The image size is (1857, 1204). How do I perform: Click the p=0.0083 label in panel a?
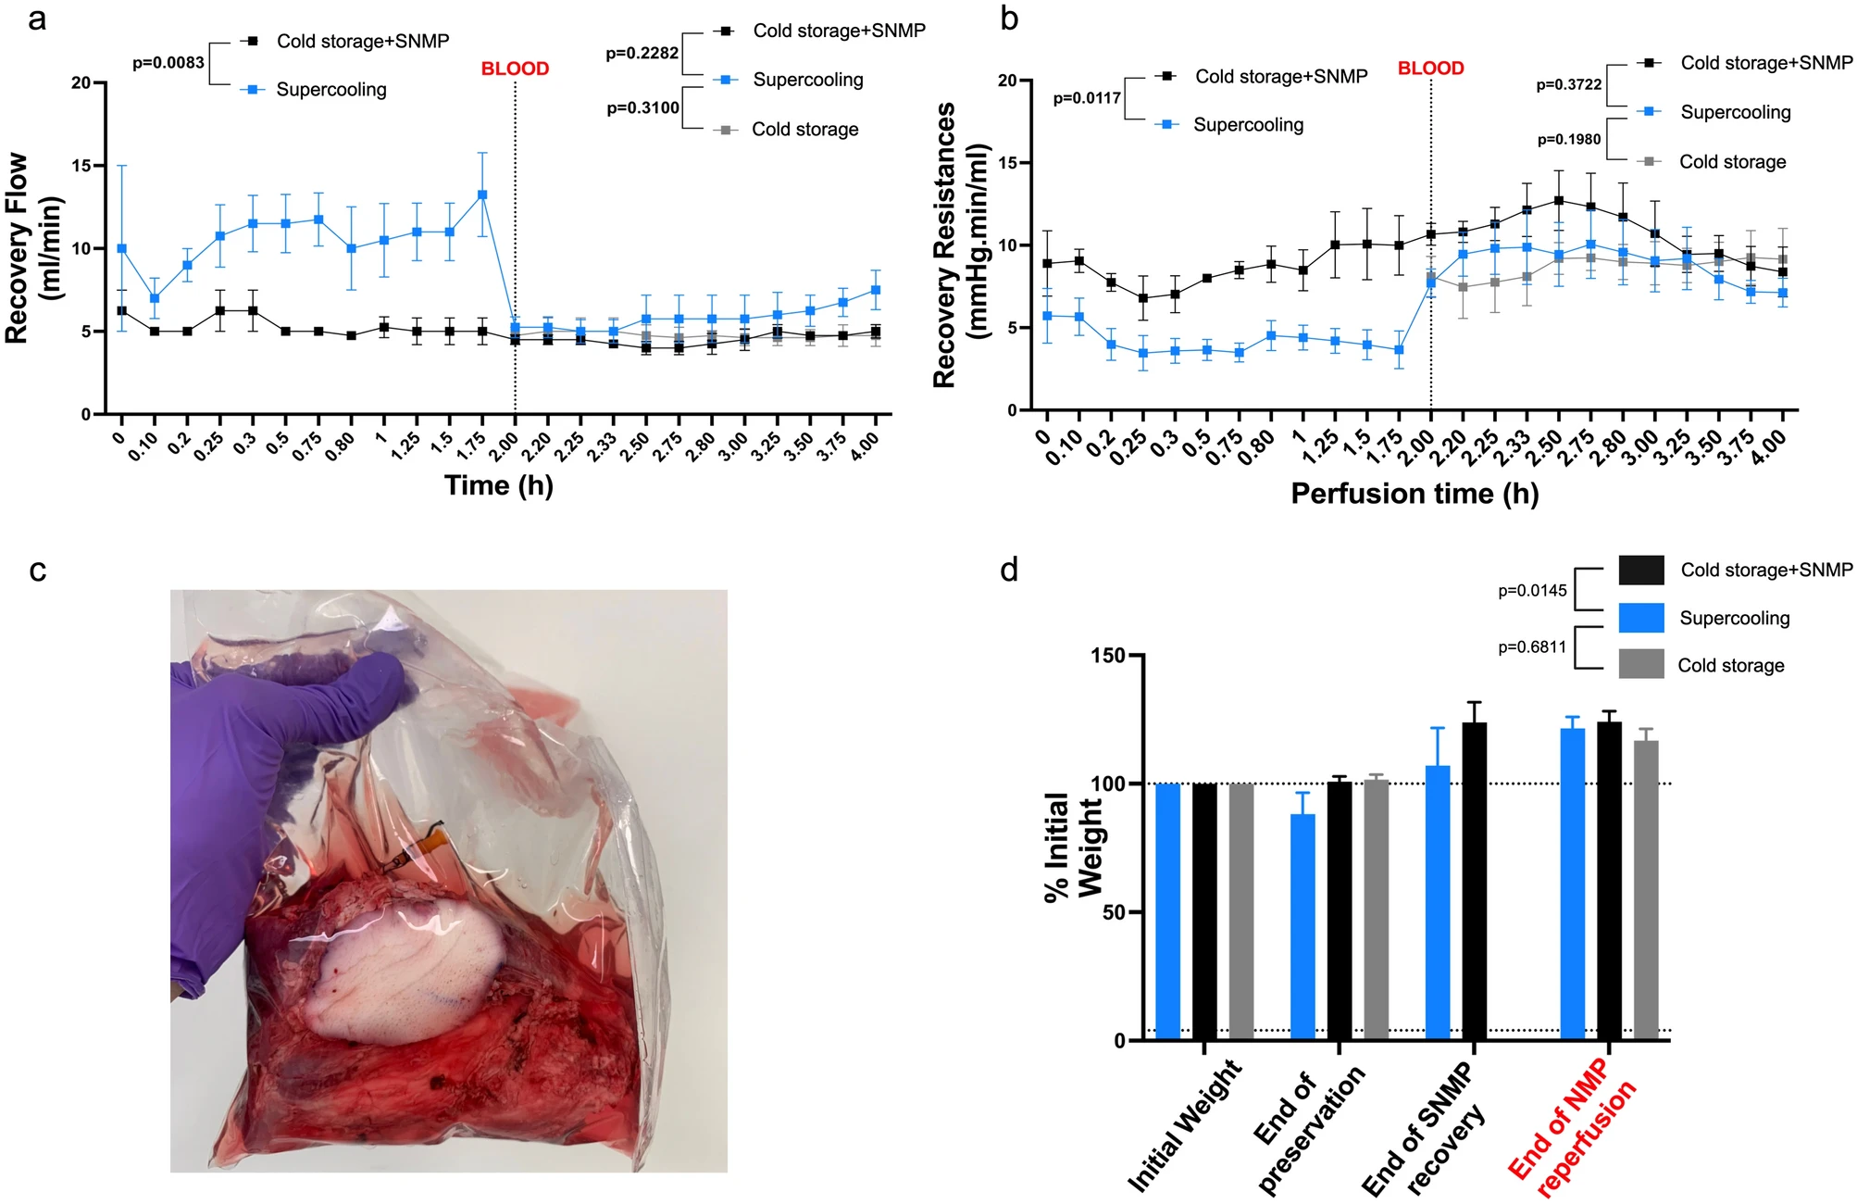[x=168, y=63]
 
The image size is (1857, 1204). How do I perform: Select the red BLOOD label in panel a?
[x=515, y=69]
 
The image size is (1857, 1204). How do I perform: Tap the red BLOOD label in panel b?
[x=1430, y=69]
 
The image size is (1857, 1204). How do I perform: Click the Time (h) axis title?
[x=499, y=485]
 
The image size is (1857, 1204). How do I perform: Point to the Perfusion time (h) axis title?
[x=1415, y=494]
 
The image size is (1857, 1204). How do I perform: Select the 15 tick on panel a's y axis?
[x=81, y=166]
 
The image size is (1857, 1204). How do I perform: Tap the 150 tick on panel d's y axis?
[x=1107, y=656]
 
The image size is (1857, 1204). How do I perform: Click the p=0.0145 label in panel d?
[x=1532, y=591]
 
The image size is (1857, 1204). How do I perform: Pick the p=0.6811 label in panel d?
[x=1532, y=647]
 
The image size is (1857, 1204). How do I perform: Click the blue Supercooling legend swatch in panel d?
[x=1641, y=618]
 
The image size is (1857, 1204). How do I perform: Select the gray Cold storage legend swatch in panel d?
[x=1641, y=664]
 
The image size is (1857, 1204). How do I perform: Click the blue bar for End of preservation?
[x=1302, y=927]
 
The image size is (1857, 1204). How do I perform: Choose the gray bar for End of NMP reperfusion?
[x=1646, y=890]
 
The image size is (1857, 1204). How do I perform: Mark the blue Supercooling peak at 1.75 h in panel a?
[x=482, y=194]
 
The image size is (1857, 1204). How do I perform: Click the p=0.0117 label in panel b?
[x=1087, y=98]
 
